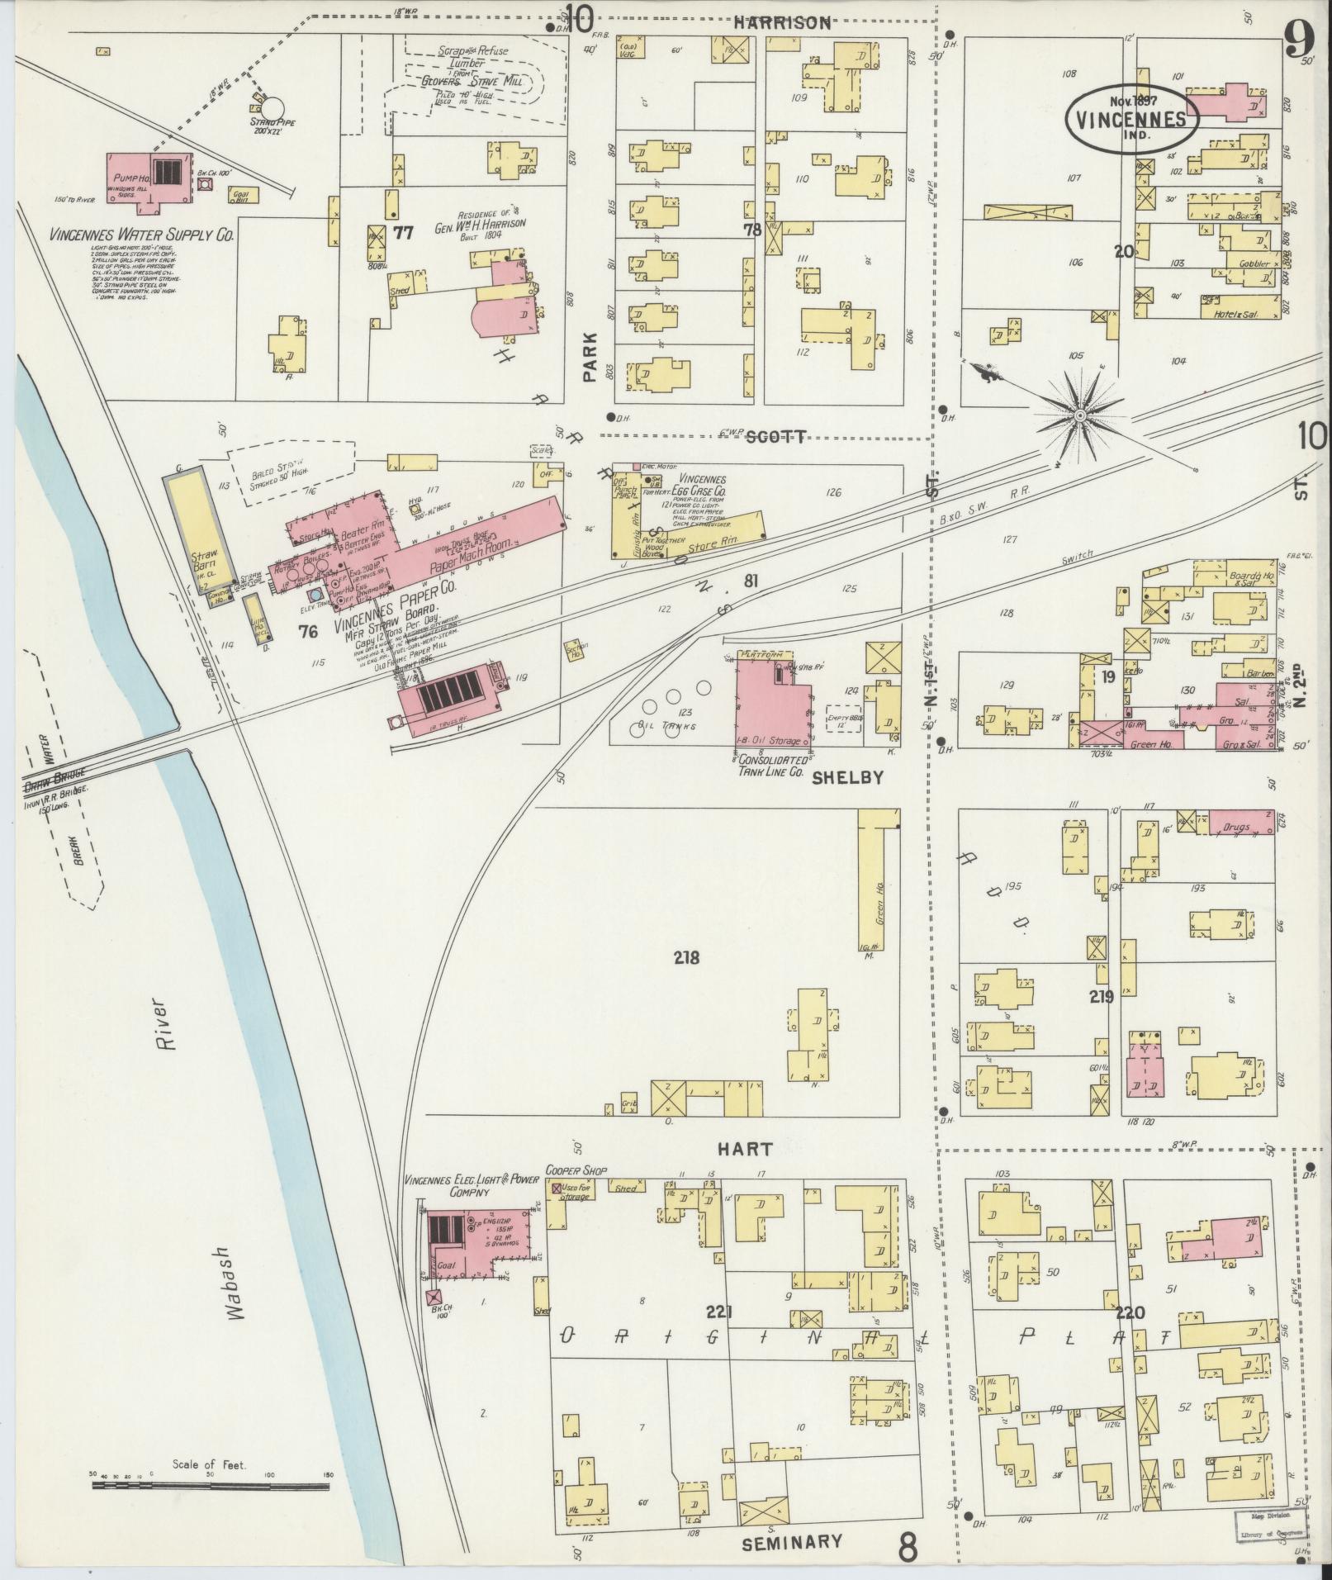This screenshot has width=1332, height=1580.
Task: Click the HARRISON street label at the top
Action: [783, 23]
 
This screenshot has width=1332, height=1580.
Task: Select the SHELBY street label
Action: [848, 777]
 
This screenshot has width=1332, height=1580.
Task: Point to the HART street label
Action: [744, 1149]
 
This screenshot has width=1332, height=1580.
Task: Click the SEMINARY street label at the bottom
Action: [792, 1542]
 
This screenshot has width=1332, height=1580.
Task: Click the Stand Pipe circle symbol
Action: [273, 108]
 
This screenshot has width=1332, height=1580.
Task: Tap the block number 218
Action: [685, 958]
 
